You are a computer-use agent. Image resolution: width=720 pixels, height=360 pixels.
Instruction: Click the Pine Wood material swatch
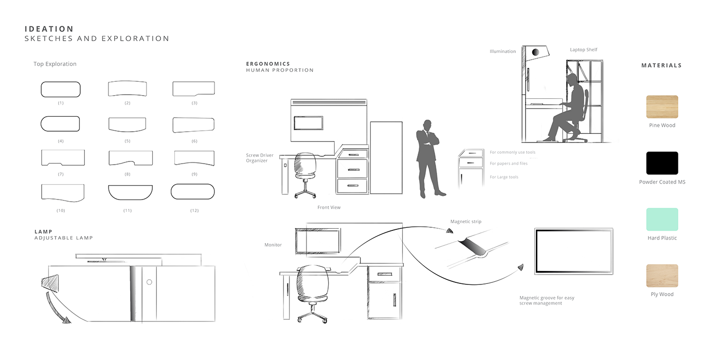(662, 107)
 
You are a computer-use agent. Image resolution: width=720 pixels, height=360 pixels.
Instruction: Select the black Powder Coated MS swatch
(662, 163)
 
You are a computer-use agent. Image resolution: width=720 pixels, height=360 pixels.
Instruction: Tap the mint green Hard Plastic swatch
(662, 220)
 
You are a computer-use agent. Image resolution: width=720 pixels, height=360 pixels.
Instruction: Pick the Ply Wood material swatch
(662, 276)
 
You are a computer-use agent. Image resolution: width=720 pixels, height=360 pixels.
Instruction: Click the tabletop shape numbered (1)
(61, 89)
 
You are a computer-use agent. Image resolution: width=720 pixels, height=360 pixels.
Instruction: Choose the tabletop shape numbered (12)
(192, 191)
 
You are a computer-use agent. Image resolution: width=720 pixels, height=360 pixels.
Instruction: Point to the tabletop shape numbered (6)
(193, 125)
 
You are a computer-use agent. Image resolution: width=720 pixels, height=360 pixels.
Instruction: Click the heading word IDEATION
(49, 29)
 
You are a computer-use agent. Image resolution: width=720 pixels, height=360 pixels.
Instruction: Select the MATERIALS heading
(661, 65)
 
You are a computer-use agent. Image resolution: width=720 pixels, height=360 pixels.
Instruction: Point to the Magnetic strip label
(465, 222)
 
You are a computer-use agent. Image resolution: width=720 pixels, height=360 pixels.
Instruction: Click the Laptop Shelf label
(583, 50)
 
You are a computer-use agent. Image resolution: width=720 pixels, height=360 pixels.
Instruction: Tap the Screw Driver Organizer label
(260, 158)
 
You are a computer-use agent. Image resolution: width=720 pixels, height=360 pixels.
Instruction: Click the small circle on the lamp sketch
(149, 282)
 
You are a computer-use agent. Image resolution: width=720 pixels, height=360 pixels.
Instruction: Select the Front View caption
(329, 207)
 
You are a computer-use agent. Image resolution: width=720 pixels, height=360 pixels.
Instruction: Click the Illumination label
(502, 51)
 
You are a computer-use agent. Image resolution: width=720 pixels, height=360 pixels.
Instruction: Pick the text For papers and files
(508, 164)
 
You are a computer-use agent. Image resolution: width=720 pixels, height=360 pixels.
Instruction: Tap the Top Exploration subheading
(55, 64)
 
